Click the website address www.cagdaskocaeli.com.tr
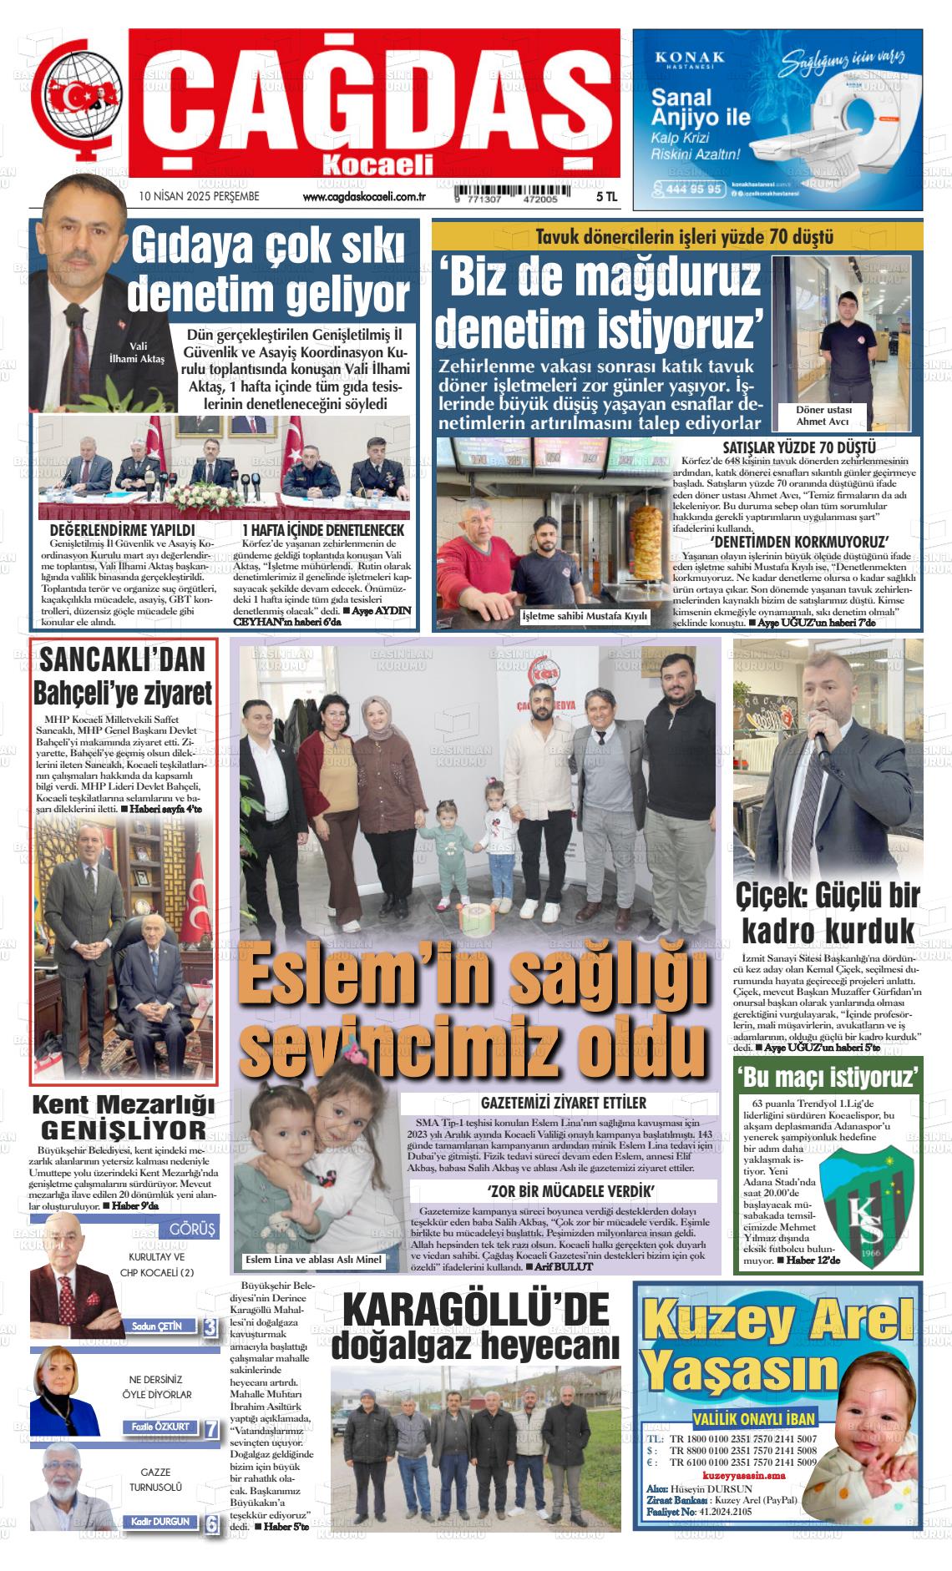click(x=365, y=197)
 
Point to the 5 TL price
click(x=607, y=197)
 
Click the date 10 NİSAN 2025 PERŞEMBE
click(x=200, y=197)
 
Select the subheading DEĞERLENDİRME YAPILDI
click(x=122, y=530)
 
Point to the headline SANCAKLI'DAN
click(x=122, y=661)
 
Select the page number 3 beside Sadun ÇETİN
click(x=210, y=1328)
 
